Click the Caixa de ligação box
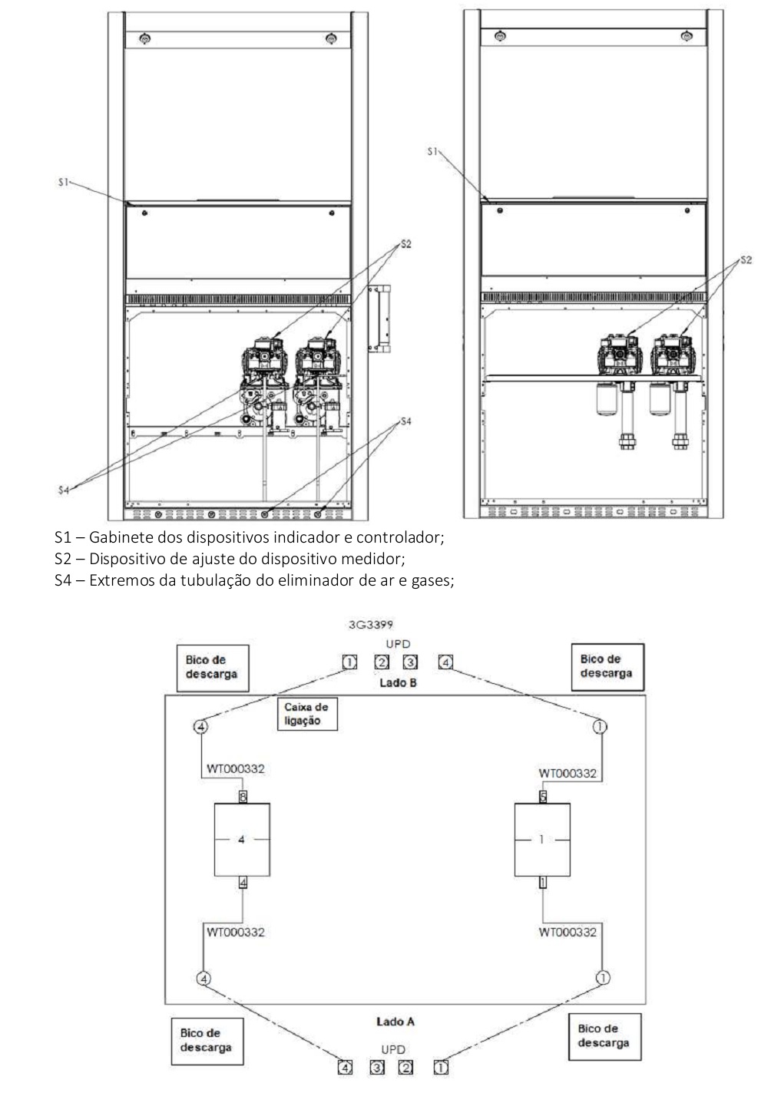pyautogui.click(x=307, y=714)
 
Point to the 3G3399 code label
pyautogui.click(x=371, y=625)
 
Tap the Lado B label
pyautogui.click(x=398, y=682)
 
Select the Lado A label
pyautogui.click(x=395, y=1022)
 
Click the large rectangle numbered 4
pyautogui.click(x=242, y=839)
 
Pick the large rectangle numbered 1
pyautogui.click(x=542, y=839)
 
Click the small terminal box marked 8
pyautogui.click(x=243, y=797)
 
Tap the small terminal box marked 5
pyautogui.click(x=542, y=797)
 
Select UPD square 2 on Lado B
pyautogui.click(x=382, y=662)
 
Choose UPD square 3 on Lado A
pyautogui.click(x=376, y=1068)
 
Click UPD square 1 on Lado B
pyautogui.click(x=349, y=662)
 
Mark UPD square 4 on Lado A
pyautogui.click(x=345, y=1068)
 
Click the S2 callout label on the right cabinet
pyautogui.click(x=746, y=260)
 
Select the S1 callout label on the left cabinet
pyautogui.click(x=64, y=183)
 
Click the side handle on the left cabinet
pyautogui.click(x=379, y=319)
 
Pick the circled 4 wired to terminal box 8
pyautogui.click(x=200, y=727)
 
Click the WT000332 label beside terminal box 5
pyautogui.click(x=567, y=774)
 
